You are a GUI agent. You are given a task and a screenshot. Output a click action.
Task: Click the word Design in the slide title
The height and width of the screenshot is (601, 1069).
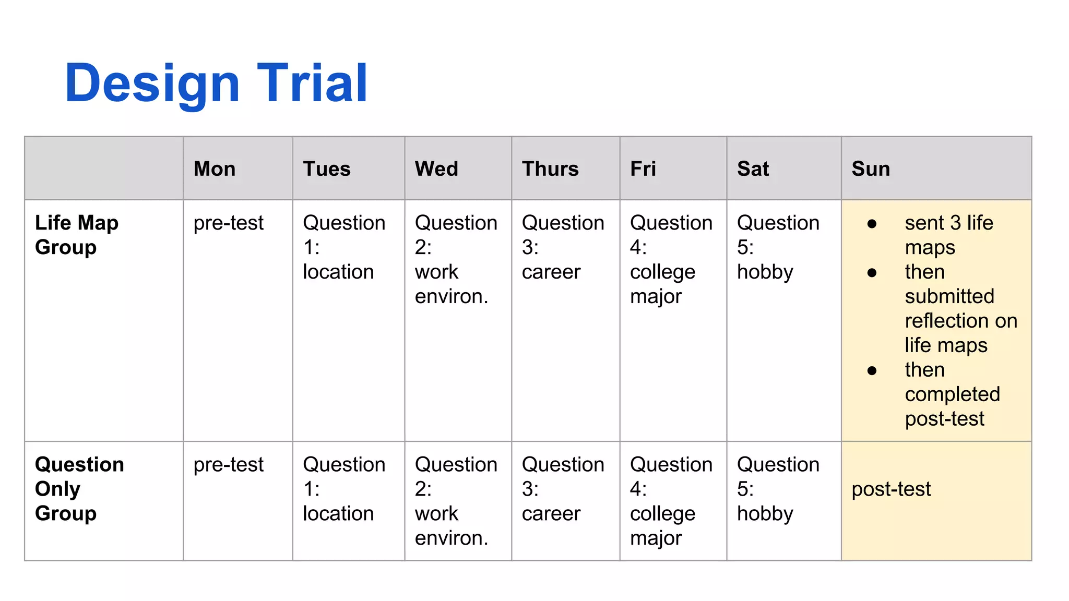coord(152,84)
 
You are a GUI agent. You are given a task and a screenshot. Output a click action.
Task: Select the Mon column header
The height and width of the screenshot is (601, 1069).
coord(215,169)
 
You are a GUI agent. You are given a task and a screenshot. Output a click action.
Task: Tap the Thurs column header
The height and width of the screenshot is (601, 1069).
coord(550,169)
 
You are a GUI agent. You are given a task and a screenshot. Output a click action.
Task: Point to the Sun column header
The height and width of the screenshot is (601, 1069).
coord(871,169)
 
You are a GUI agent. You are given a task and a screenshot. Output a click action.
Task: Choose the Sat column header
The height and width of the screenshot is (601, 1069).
coord(753,169)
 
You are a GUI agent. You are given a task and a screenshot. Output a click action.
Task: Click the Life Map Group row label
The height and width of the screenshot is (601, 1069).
coord(77,235)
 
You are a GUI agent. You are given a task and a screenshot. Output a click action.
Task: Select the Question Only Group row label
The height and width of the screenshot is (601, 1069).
coord(79,489)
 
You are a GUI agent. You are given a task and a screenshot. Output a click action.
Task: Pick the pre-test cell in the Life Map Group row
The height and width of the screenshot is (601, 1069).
coord(228,223)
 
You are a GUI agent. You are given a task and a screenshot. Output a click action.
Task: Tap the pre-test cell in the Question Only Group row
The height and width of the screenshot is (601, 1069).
coord(228,465)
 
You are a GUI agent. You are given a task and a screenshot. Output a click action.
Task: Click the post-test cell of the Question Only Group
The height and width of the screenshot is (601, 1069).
coord(891,489)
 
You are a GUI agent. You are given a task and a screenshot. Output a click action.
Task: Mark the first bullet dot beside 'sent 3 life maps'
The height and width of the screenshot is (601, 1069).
coord(872,224)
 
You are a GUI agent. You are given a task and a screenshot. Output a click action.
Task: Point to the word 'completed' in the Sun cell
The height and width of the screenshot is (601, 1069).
coord(952,394)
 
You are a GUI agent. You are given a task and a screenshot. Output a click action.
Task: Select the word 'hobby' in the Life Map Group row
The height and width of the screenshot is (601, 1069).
coord(765,272)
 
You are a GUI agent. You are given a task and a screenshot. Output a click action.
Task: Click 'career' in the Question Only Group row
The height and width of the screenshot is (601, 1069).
coord(551,514)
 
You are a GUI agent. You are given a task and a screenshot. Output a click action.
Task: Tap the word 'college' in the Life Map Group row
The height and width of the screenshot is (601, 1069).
coord(662,272)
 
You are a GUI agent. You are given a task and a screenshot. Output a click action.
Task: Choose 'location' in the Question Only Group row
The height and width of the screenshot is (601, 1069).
coord(338,514)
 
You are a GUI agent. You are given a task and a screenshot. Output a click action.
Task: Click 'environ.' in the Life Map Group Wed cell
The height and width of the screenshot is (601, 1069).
coord(452,296)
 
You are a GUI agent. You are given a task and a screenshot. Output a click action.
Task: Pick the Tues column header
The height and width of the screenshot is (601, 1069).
coord(327,169)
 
